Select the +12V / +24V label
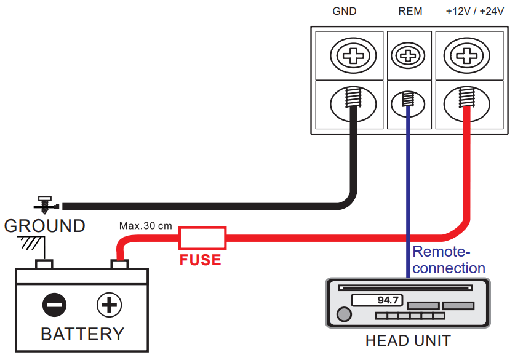tap(471, 12)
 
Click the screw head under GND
tap(353, 57)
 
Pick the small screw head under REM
tap(407, 57)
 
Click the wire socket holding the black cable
tap(353, 102)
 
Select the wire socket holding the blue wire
tap(407, 100)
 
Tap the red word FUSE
tap(200, 260)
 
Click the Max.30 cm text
tap(146, 225)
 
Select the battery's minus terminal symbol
tap(54, 305)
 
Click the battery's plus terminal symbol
tap(110, 305)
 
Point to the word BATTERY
tap(82, 334)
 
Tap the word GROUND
tap(44, 226)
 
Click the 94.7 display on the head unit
tap(377, 300)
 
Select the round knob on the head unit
tap(343, 315)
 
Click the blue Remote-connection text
tap(449, 260)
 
